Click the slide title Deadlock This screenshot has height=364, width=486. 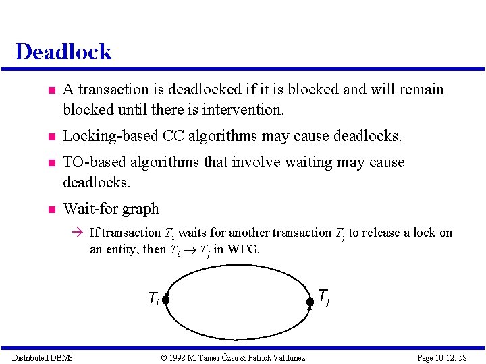click(x=63, y=52)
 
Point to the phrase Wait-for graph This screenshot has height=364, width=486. click(x=111, y=209)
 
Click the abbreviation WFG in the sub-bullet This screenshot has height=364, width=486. click(x=243, y=249)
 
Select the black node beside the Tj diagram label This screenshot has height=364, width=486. click(x=310, y=301)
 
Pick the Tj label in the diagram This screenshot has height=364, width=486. click(x=323, y=296)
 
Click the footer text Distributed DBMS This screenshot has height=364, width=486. click(x=43, y=357)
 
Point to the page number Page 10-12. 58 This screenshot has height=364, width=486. click(x=442, y=357)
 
